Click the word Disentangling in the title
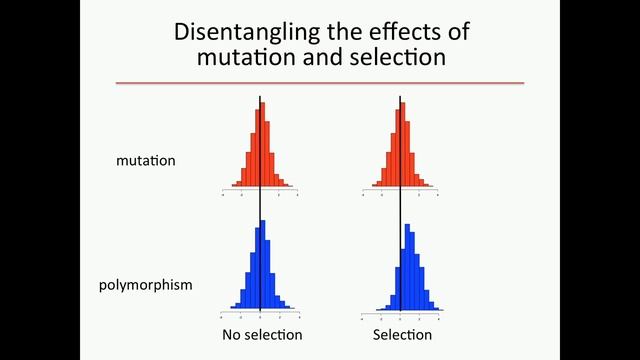click(x=234, y=32)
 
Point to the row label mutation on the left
click(x=145, y=160)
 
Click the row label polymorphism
click(x=146, y=285)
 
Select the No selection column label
click(x=262, y=334)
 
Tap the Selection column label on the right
click(x=402, y=334)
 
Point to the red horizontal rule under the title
click(x=320, y=83)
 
